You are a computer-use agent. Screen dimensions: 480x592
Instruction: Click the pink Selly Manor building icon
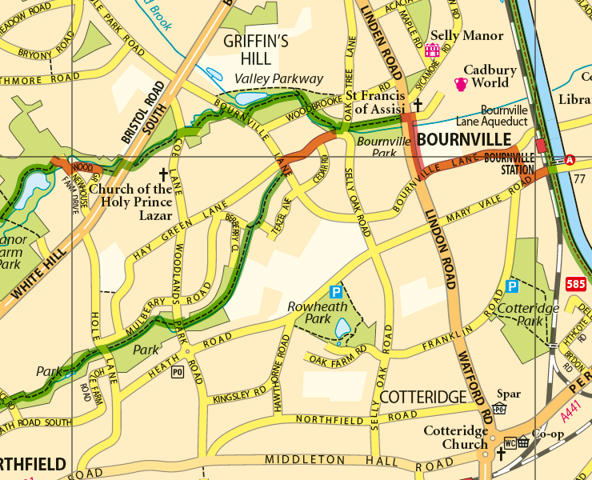pyautogui.click(x=433, y=50)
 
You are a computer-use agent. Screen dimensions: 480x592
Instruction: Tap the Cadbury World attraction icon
pyautogui.click(x=461, y=83)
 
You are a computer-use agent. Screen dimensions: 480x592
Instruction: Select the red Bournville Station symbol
pyautogui.click(x=542, y=146)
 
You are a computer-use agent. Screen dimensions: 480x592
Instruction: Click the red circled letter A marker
pyautogui.click(x=570, y=160)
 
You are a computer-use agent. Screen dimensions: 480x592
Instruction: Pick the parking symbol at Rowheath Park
pyautogui.click(x=337, y=293)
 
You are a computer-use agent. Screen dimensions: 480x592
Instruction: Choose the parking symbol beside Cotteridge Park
pyautogui.click(x=512, y=286)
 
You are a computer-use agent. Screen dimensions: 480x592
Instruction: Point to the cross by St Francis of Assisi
pyautogui.click(x=417, y=105)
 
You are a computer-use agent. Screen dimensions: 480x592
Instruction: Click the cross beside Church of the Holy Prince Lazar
pyautogui.click(x=164, y=174)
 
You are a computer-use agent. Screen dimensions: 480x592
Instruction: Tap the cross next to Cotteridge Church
pyautogui.click(x=501, y=454)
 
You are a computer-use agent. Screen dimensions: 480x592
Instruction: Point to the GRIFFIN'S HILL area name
pyautogui.click(x=257, y=50)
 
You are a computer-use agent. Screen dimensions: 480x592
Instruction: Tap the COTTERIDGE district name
pyautogui.click(x=422, y=398)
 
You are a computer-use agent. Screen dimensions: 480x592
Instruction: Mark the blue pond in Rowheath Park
pyautogui.click(x=342, y=328)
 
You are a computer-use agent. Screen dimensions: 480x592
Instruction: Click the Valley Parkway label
pyautogui.click(x=278, y=78)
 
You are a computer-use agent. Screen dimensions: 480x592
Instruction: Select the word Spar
pyautogui.click(x=508, y=394)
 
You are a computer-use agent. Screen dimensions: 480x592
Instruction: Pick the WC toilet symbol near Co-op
pyautogui.click(x=510, y=442)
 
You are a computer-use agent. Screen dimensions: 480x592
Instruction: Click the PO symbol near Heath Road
pyautogui.click(x=177, y=371)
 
